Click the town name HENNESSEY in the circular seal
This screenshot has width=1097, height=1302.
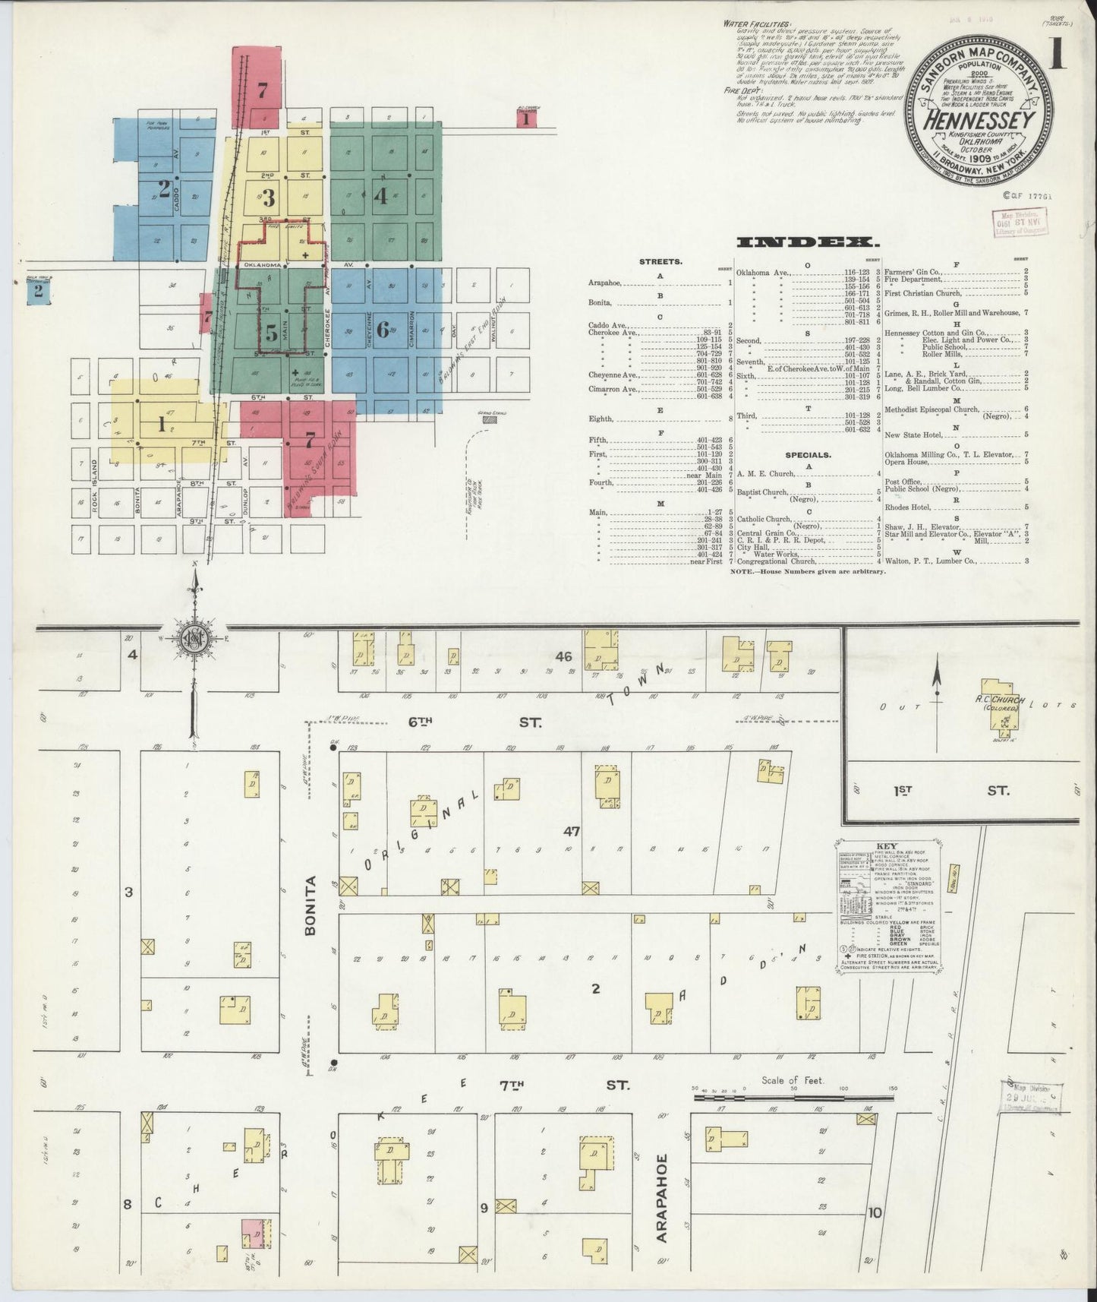click(979, 120)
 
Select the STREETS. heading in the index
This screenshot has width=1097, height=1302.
click(660, 261)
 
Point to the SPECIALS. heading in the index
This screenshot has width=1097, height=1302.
click(808, 455)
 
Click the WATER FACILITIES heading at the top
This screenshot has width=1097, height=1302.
click(757, 24)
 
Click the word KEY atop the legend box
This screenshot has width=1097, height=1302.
click(886, 846)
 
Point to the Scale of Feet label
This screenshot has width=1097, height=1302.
click(793, 1080)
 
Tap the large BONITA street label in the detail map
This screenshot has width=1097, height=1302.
click(311, 905)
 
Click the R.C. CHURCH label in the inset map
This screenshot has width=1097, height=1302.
click(1001, 700)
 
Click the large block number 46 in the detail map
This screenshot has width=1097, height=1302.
click(564, 656)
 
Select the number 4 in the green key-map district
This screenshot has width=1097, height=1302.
click(381, 196)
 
